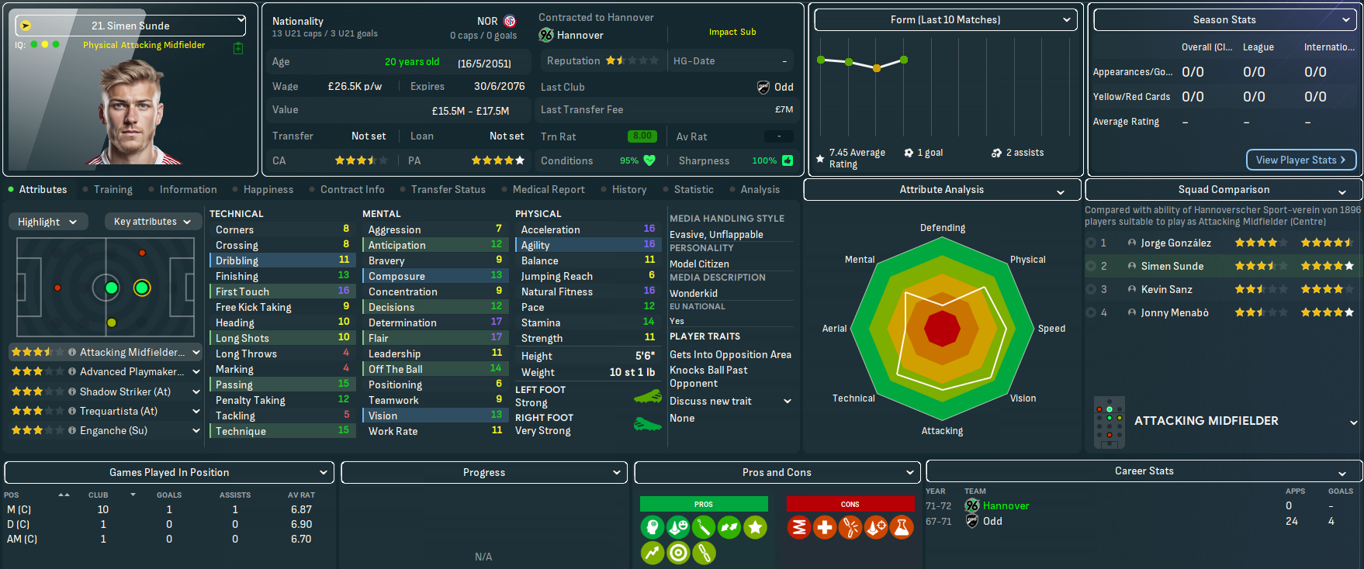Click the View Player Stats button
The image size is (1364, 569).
(1300, 160)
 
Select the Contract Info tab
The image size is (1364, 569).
(352, 189)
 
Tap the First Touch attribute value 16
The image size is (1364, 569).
(344, 291)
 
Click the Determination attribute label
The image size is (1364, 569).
(402, 322)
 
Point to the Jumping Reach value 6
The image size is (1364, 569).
(652, 275)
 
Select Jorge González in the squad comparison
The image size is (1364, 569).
(1175, 243)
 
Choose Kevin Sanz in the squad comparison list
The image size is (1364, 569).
(1166, 289)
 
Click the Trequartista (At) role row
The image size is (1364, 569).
(118, 411)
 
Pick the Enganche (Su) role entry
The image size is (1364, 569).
(113, 430)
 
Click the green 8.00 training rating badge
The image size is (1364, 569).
(642, 136)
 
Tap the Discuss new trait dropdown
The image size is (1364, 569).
(730, 401)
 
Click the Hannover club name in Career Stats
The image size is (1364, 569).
(1006, 505)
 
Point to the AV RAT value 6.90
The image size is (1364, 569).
(301, 524)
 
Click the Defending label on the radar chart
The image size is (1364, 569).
(943, 228)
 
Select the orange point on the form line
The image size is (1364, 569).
(877, 68)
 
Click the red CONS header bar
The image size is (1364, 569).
(850, 504)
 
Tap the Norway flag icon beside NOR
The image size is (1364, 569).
(510, 21)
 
